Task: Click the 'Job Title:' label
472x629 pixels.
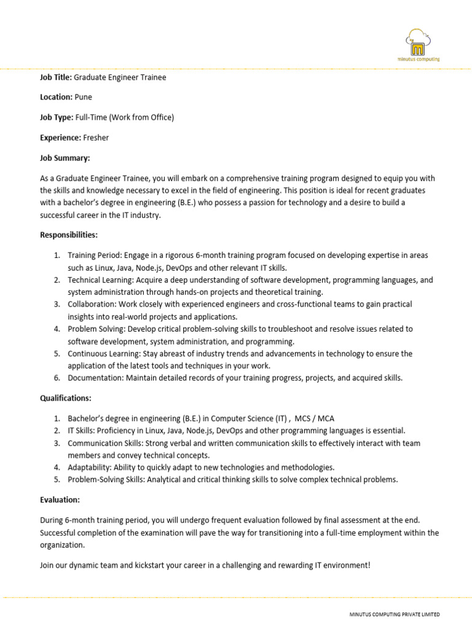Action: pyautogui.click(x=56, y=77)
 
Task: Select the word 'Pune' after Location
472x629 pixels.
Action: pyautogui.click(x=84, y=97)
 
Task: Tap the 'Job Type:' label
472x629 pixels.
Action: pyautogui.click(x=57, y=117)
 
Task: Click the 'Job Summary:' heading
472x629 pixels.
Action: pyautogui.click(x=65, y=158)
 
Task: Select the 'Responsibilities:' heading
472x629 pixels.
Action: pyautogui.click(x=69, y=235)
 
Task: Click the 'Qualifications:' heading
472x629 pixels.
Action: pyautogui.click(x=66, y=398)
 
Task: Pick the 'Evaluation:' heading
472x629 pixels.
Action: pyautogui.click(x=60, y=500)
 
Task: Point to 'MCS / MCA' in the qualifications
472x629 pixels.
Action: pyautogui.click(x=315, y=418)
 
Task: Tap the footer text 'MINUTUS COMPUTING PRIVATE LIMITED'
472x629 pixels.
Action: pyautogui.click(x=394, y=614)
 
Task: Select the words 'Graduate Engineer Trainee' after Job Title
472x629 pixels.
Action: pyautogui.click(x=120, y=77)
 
